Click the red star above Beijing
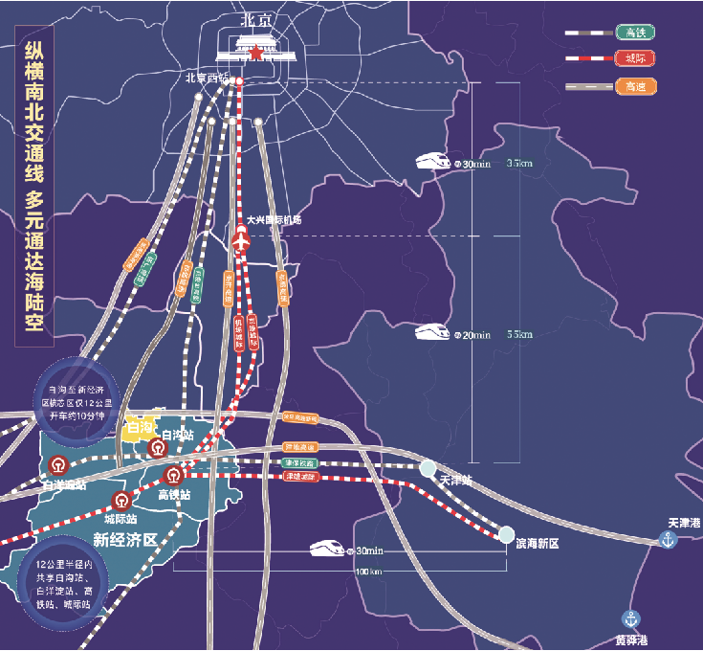(255, 54)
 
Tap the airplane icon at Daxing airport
(240, 239)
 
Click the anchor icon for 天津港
(668, 541)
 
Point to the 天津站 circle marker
(427, 468)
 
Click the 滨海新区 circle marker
(507, 534)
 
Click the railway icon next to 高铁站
(174, 476)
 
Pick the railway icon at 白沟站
(155, 448)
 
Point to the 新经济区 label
(124, 540)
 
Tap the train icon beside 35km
(432, 162)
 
